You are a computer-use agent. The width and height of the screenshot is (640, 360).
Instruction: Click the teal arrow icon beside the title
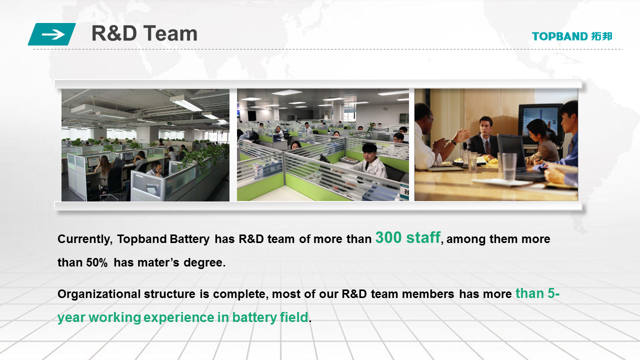(x=51, y=34)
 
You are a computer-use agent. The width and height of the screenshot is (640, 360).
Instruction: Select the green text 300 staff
(x=407, y=237)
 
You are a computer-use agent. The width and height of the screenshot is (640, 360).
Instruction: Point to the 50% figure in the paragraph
(x=97, y=262)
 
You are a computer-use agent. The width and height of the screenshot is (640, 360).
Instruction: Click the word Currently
(x=85, y=239)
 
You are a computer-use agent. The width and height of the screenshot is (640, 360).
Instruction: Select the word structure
(x=169, y=294)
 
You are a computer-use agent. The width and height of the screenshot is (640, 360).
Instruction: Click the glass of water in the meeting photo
(x=509, y=166)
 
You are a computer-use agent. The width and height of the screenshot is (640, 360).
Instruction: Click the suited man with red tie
(x=483, y=137)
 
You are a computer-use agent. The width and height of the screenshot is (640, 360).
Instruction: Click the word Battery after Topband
(x=189, y=239)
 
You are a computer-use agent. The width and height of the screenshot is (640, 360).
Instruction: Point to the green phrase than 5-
(x=537, y=293)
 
